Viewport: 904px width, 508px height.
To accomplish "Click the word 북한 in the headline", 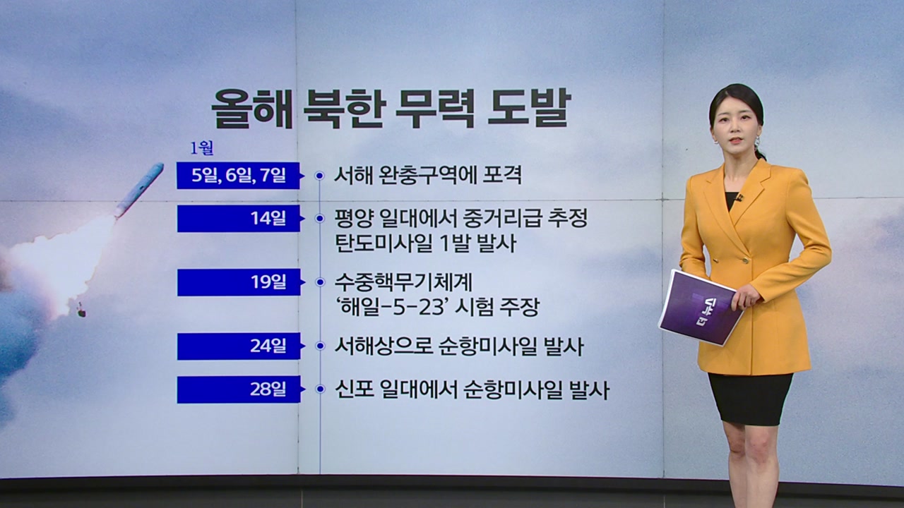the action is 345,108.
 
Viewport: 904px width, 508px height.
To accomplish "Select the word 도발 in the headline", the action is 529,108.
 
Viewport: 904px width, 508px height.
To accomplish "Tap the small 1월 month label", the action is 202,149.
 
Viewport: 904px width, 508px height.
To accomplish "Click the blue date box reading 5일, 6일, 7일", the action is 238,176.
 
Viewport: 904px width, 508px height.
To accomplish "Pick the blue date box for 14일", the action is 239,219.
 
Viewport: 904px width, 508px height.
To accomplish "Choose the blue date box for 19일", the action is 239,282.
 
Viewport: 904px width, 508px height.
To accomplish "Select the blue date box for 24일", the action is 239,346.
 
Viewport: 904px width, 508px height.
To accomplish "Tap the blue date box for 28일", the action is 239,389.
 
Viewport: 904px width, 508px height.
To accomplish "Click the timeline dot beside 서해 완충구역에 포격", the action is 320,176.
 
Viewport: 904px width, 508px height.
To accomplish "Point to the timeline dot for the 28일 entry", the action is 321,389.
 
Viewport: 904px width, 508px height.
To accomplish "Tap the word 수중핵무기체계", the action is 403,282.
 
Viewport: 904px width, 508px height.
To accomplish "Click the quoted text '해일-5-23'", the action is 392,307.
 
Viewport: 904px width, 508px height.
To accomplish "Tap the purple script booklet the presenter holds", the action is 701,307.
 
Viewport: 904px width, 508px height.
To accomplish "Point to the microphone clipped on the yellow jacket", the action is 739,198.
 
